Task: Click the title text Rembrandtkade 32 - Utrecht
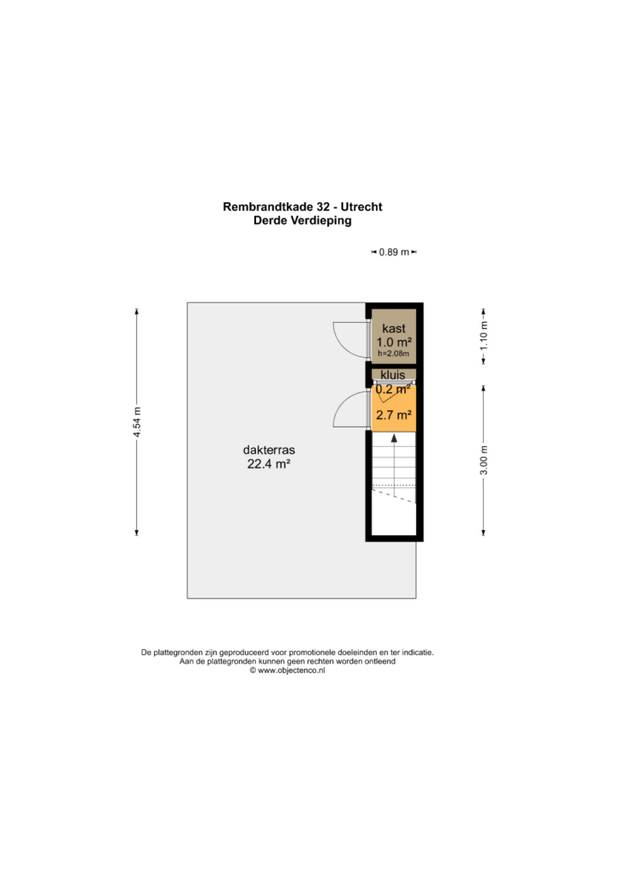point(302,206)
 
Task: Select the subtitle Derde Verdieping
point(302,220)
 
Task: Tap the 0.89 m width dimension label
point(394,253)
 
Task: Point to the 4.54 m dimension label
point(137,422)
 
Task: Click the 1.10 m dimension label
point(484,335)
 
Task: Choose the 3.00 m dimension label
point(484,460)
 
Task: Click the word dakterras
point(269,450)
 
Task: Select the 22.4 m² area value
point(269,463)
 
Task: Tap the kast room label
point(394,328)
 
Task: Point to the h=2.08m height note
point(394,354)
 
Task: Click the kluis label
point(393,375)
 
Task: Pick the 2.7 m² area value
point(394,415)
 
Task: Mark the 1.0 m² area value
point(394,342)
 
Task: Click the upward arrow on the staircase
point(394,465)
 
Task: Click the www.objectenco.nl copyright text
point(288,671)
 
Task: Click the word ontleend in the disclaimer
point(379,661)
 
